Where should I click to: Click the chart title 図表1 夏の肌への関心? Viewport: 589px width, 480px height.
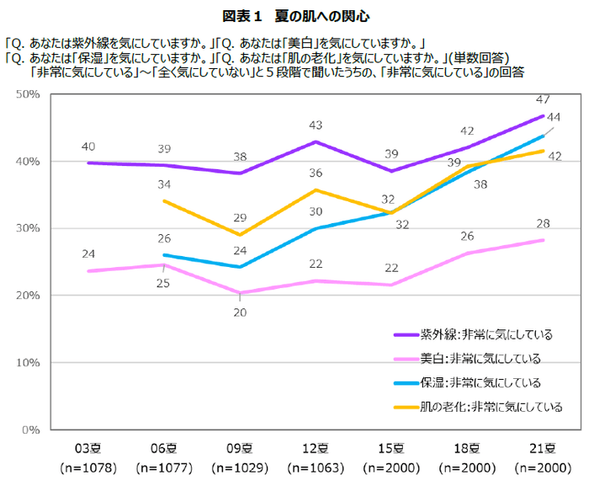[x=295, y=16]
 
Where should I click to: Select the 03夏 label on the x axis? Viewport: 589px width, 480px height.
[x=88, y=447]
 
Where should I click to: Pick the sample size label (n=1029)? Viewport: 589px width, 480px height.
[x=241, y=467]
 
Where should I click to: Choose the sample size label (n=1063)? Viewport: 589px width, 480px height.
[x=316, y=467]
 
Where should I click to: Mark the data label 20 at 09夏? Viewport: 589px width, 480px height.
[x=241, y=312]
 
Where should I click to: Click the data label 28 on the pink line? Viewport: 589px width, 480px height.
[x=543, y=222]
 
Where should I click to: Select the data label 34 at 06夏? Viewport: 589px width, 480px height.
[x=165, y=184]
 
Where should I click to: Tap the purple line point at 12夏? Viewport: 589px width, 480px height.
[x=316, y=141]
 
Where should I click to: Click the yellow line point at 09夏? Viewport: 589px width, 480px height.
[x=241, y=235]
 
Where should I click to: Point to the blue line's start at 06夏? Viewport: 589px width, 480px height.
[x=165, y=254]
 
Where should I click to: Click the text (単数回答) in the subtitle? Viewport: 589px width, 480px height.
[x=478, y=57]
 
